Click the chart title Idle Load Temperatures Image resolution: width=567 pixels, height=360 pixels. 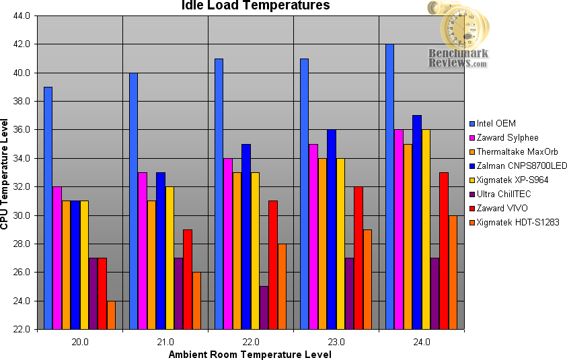tap(256, 6)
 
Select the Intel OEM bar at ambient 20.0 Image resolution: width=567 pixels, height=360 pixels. tap(48, 208)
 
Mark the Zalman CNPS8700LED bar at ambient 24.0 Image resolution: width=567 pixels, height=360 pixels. tap(416, 222)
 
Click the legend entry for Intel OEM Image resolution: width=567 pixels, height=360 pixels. tap(498, 123)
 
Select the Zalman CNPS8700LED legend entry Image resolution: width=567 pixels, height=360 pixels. tap(517, 166)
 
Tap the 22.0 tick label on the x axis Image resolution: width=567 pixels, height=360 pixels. tap(251, 342)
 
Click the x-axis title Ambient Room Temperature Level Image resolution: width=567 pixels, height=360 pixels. tap(250, 354)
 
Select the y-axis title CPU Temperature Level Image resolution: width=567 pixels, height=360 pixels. tap(6, 173)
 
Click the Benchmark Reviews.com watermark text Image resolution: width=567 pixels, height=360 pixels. tap(457, 59)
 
